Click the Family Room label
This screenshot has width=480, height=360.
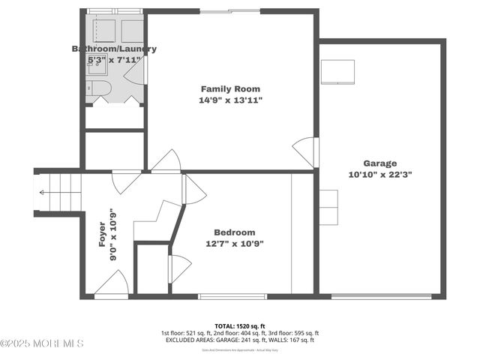coord(230,88)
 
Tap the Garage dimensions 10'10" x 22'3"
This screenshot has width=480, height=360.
coord(380,174)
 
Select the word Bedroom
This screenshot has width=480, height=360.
coord(234,232)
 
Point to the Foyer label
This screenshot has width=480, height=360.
coord(102,233)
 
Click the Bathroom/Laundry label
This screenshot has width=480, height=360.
coord(114,49)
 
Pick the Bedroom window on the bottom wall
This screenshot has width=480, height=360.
coord(232,296)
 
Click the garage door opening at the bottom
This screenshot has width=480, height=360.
coord(381,296)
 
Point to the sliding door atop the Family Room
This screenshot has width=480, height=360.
coord(230,11)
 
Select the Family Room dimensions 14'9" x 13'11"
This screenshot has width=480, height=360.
coord(230,100)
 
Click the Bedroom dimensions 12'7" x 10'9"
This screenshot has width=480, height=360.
coord(234,244)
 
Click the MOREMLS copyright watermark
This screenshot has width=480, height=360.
coord(42,343)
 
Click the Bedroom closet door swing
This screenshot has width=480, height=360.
coord(180,268)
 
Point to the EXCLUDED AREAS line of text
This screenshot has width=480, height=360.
coord(239,340)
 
